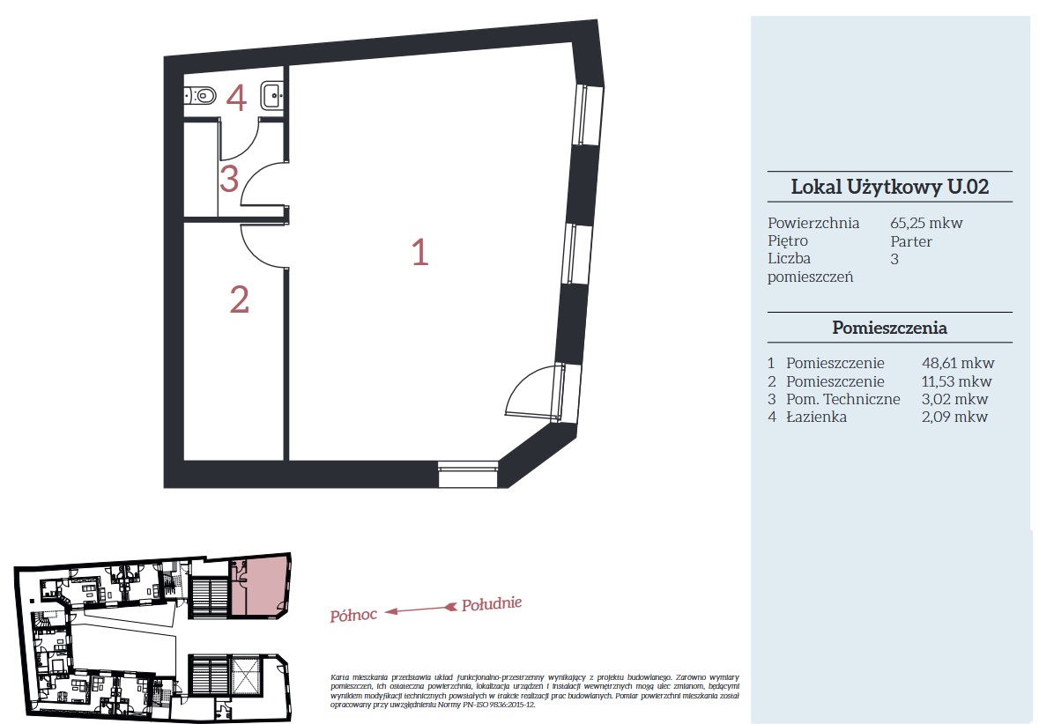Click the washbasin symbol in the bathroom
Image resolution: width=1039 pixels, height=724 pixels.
pyautogui.click(x=272, y=95)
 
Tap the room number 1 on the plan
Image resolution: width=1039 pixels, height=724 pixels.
pyautogui.click(x=420, y=253)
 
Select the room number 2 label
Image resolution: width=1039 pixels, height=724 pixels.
pyautogui.click(x=239, y=299)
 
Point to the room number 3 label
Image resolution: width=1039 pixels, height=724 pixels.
pyautogui.click(x=228, y=179)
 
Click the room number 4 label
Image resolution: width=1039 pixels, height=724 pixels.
pyautogui.click(x=236, y=98)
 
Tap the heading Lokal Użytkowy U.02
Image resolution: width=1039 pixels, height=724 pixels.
pyautogui.click(x=889, y=187)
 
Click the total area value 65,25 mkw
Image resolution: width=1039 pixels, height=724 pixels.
pyautogui.click(x=926, y=223)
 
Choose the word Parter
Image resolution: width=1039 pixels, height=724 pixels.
pyautogui.click(x=911, y=241)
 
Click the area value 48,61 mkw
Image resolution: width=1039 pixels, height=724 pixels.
pyautogui.click(x=958, y=363)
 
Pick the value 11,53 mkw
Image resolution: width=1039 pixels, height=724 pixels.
pyautogui.click(x=956, y=381)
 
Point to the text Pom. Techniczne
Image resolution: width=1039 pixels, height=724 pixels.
pyautogui.click(x=842, y=399)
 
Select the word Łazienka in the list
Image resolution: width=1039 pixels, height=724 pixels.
pyautogui.click(x=816, y=417)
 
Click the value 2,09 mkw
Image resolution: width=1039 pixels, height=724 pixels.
pyautogui.click(x=954, y=417)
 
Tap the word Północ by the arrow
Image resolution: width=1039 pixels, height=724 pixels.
pyautogui.click(x=354, y=616)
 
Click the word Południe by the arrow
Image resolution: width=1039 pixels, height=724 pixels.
pyautogui.click(x=492, y=603)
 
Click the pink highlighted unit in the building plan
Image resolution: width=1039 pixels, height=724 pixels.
pyautogui.click(x=260, y=586)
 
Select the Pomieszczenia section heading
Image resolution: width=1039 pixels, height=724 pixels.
pyautogui.click(x=889, y=328)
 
